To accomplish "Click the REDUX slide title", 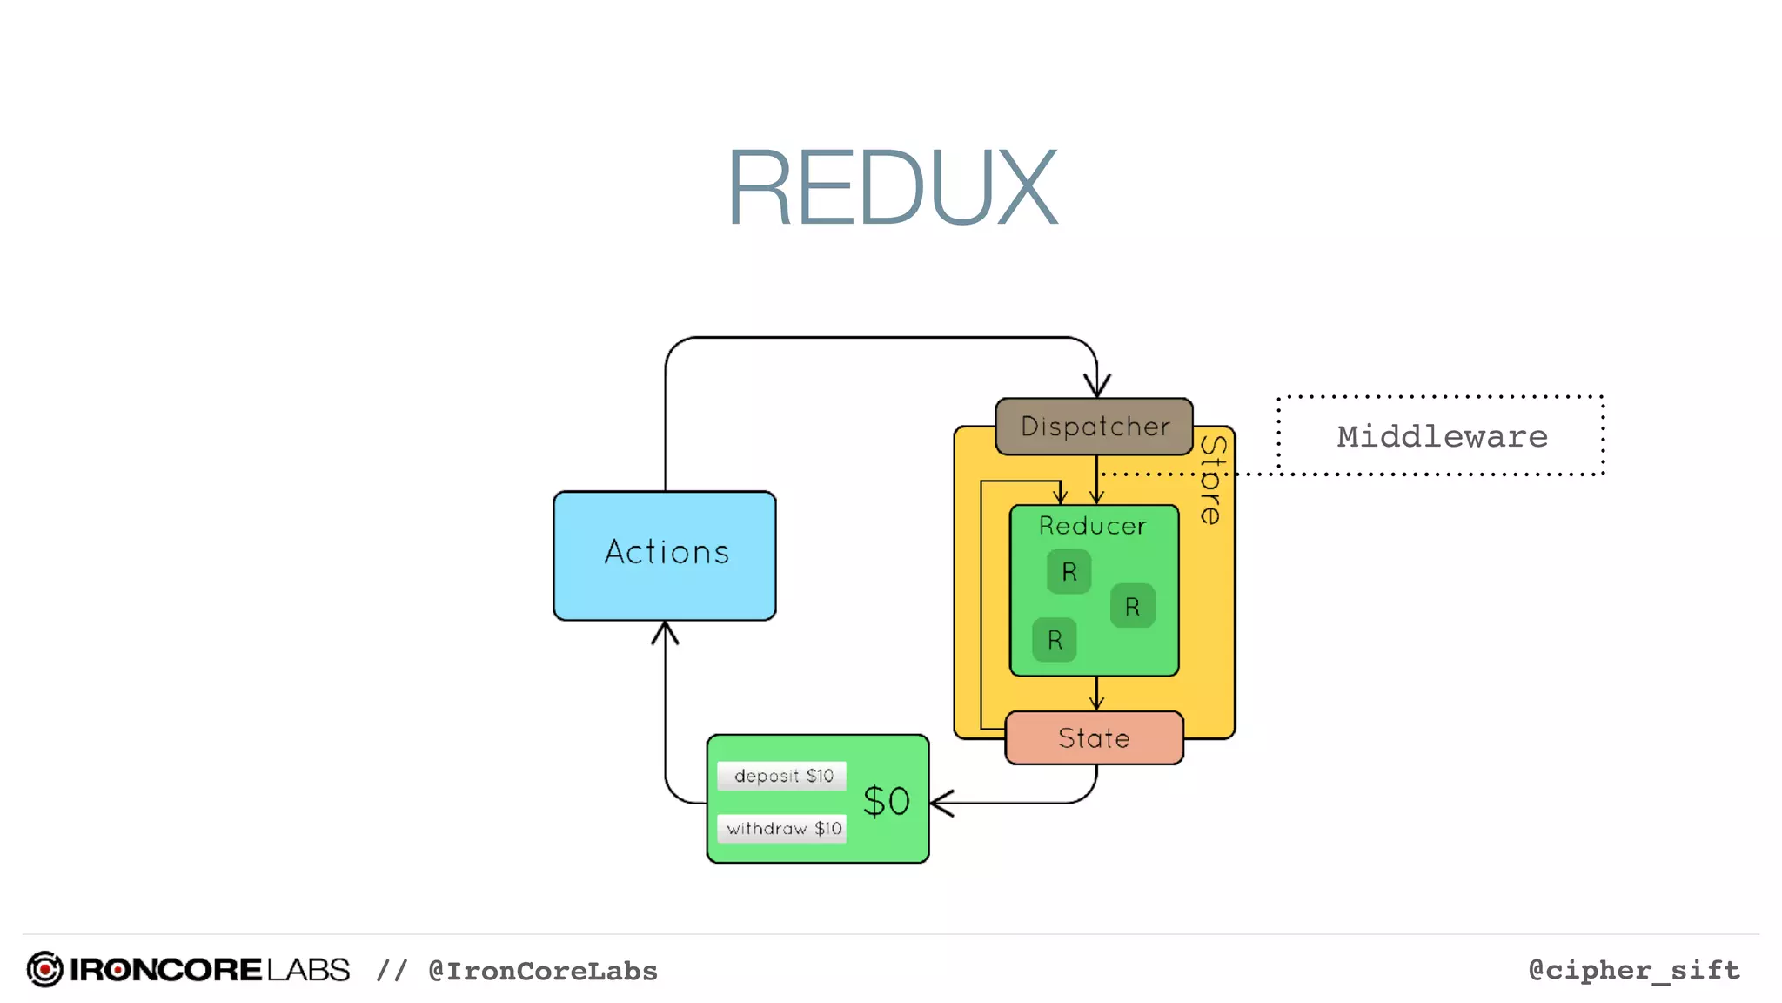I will pyautogui.click(x=892, y=187).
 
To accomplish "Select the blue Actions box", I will pyautogui.click(x=665, y=555).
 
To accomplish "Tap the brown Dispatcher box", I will pyautogui.click(x=1094, y=426).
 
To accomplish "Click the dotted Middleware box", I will pyautogui.click(x=1441, y=435).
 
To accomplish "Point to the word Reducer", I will pyautogui.click(x=1092, y=526).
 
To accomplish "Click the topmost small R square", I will pyautogui.click(x=1069, y=571).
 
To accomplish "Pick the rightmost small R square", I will pyautogui.click(x=1132, y=606).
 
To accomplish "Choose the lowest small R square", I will pyautogui.click(x=1055, y=640).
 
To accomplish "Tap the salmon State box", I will pyautogui.click(x=1094, y=737).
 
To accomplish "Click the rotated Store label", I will pyautogui.click(x=1212, y=480).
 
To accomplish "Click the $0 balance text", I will pyautogui.click(x=886, y=801).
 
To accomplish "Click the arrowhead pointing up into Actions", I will pyautogui.click(x=665, y=631).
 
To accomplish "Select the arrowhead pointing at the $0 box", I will pyautogui.click(x=941, y=802).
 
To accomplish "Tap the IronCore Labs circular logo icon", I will pyautogui.click(x=44, y=969).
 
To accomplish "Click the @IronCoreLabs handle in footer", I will pyautogui.click(x=542, y=971).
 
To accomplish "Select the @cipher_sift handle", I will pyautogui.click(x=1633, y=969).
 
